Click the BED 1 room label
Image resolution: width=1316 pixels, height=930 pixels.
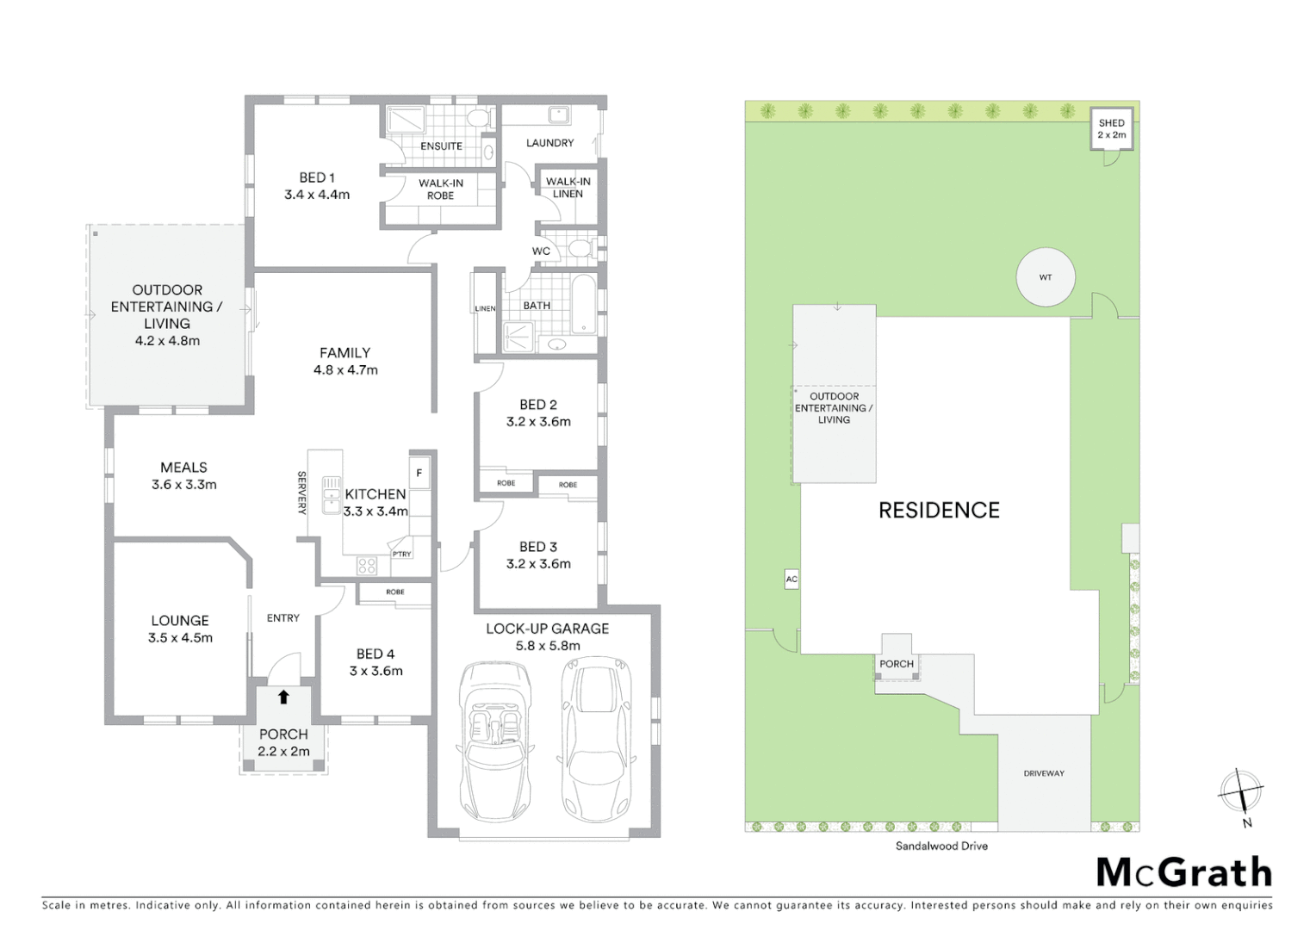pos(317,178)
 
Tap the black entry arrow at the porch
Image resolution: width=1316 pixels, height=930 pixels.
pos(283,697)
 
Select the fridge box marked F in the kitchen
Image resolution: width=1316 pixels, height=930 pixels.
pos(419,474)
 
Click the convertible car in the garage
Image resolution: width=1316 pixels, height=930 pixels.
pos(496,741)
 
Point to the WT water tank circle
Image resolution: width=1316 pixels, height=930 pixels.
pos(1045,277)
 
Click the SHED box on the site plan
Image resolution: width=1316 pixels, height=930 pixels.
pos(1111,129)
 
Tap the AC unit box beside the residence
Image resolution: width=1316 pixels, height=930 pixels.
pos(791,580)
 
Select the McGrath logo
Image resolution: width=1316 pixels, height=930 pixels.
pos(1184,872)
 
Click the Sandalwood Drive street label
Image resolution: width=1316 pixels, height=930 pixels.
pos(941,846)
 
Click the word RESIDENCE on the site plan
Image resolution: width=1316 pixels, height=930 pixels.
pos(939,511)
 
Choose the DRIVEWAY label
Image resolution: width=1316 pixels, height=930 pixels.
pos(1044,773)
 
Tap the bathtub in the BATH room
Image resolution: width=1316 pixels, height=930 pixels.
pos(584,303)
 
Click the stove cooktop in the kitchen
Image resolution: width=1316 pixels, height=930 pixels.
pos(367,566)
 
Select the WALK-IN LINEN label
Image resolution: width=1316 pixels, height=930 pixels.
pos(568,187)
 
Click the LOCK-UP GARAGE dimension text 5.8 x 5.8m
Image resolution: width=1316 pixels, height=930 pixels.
pos(547,646)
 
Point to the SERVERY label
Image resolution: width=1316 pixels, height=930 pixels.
pos(301,493)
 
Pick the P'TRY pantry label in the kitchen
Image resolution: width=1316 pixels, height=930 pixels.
pos(401,554)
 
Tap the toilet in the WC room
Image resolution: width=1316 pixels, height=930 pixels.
pos(581,250)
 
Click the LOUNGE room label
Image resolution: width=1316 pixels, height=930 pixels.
pos(180,621)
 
